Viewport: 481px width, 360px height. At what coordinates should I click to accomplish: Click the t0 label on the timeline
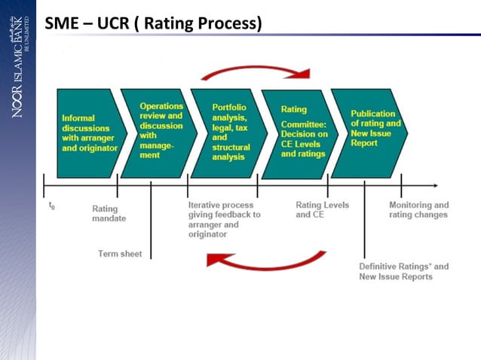tap(51, 205)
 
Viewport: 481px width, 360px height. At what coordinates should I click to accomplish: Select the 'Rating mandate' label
tap(109, 213)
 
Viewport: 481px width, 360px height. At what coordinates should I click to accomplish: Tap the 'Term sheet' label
tap(120, 253)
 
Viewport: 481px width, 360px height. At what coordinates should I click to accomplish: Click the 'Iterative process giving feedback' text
tap(225, 219)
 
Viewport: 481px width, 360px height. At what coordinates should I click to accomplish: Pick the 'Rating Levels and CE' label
tap(322, 209)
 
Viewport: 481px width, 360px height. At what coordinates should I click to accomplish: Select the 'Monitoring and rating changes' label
tap(418, 209)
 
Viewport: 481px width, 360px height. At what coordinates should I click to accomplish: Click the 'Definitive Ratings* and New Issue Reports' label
tap(403, 271)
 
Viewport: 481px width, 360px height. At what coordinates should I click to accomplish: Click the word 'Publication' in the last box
tap(372, 114)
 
